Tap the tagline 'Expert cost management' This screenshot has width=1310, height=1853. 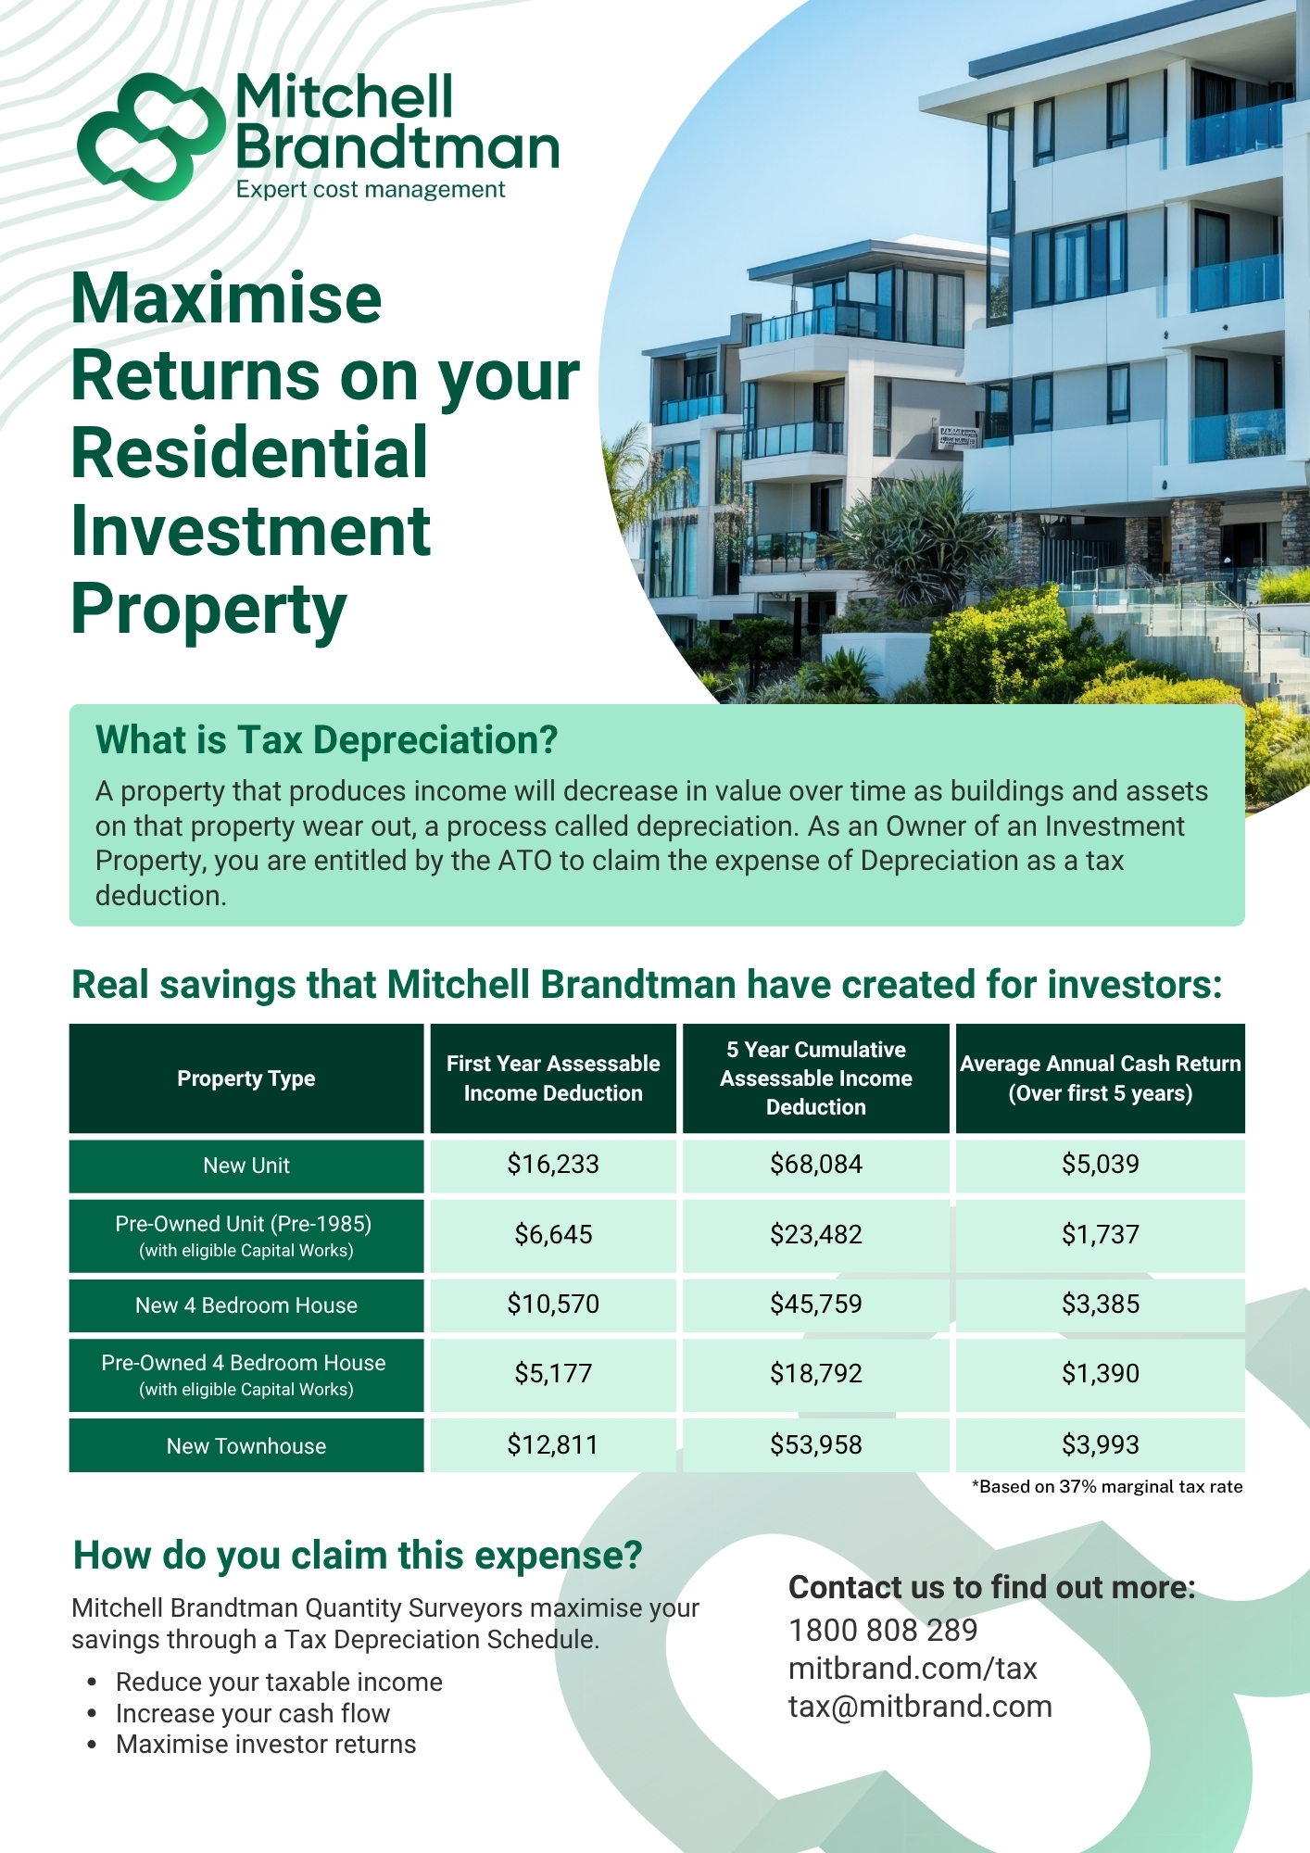pos(371,190)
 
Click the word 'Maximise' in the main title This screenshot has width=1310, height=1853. pos(227,298)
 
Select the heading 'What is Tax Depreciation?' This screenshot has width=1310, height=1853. pos(327,740)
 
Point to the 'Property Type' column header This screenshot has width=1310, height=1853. pos(246,1078)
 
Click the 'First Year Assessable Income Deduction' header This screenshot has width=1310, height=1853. pos(553,1078)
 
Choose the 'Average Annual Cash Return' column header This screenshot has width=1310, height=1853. pos(1101,1078)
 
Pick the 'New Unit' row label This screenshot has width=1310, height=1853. pos(246,1166)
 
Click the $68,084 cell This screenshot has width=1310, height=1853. pos(816,1165)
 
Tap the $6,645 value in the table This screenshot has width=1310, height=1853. pos(553,1235)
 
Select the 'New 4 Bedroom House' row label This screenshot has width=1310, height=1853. pos(246,1305)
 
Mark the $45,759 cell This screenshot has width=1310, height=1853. pos(816,1305)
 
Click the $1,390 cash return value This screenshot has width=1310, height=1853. pos(1101,1374)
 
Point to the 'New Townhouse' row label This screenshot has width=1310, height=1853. pos(246,1446)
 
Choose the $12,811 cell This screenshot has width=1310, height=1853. pos(553,1445)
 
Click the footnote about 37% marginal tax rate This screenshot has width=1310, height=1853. pos(1107,1487)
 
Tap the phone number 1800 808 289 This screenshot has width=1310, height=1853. pos(883,1631)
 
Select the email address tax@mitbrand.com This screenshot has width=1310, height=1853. pos(920,1707)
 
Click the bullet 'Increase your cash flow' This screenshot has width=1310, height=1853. pos(253,1714)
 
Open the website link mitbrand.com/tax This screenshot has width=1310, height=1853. pos(913,1669)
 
